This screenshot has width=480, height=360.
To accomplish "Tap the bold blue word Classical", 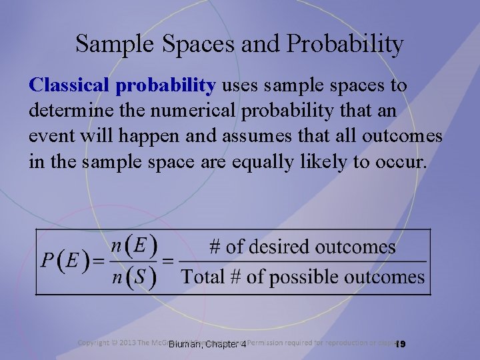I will (x=70, y=86).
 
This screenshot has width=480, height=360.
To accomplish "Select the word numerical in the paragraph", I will (x=170, y=111).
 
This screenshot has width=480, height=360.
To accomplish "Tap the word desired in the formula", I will (x=283, y=247).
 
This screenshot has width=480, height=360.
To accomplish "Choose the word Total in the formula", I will (x=204, y=277).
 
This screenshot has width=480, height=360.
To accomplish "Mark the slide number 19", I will (x=400, y=344).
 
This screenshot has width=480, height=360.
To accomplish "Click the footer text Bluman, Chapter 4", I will (x=207, y=344).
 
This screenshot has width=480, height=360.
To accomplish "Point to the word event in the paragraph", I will (x=51, y=136).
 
